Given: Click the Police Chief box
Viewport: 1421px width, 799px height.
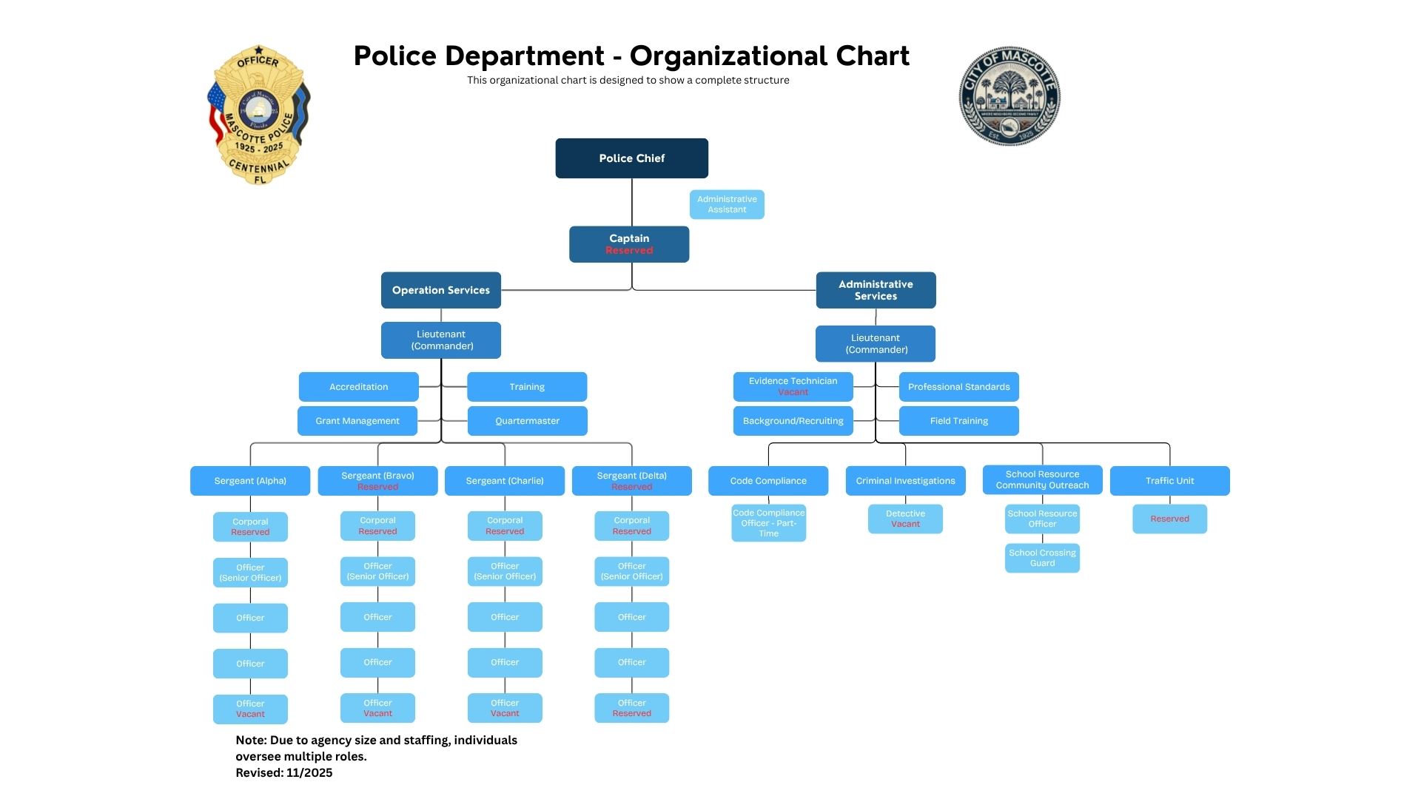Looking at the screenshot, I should click(631, 158).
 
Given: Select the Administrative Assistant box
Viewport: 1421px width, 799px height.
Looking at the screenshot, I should click(727, 205).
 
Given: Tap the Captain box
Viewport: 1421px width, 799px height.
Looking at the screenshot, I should click(629, 244).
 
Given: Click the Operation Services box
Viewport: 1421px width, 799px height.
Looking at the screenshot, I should click(441, 290).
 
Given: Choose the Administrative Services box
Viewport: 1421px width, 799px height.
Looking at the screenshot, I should click(876, 290).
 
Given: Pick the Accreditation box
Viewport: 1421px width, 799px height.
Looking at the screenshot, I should click(359, 387).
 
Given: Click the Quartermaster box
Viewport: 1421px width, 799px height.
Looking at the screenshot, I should click(527, 421).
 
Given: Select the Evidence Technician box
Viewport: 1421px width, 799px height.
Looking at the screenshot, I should click(793, 386).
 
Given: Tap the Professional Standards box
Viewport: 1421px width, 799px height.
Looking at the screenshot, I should click(958, 387).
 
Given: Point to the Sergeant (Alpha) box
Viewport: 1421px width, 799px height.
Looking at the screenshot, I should click(250, 481).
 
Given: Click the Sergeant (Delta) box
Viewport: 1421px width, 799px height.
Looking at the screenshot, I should click(631, 481).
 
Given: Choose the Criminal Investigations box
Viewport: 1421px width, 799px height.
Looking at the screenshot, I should click(905, 481).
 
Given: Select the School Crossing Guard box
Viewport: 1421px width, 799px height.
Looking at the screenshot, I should click(1042, 558).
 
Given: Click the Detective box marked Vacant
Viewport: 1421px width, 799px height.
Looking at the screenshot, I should click(905, 519).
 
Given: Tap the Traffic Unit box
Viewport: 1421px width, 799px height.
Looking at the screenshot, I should click(1169, 481).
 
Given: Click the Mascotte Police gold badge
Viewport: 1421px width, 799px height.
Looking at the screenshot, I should click(258, 115).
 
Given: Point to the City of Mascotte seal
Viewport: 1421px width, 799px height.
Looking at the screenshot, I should click(1010, 96).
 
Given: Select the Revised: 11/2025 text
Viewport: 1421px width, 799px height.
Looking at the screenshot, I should click(284, 773).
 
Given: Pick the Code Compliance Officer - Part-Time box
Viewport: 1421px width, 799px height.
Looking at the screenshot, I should click(768, 523).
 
